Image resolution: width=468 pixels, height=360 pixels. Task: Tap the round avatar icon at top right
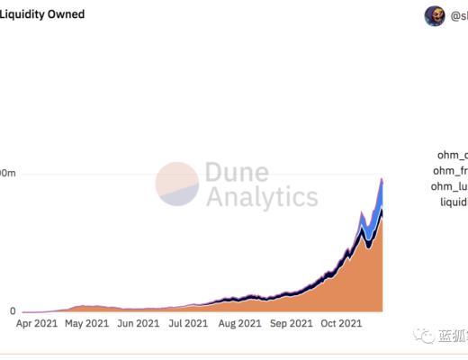[x=435, y=15]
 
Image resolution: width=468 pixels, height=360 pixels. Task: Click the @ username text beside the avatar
[x=458, y=15]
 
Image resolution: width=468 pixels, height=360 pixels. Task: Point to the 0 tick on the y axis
[x=12, y=311]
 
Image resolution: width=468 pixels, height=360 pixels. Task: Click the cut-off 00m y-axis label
[x=8, y=172]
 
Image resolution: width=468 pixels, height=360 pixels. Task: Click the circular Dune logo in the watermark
[x=176, y=183]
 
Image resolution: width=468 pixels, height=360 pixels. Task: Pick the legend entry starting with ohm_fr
[x=451, y=170]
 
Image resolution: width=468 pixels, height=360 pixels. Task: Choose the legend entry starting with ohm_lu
[x=450, y=186]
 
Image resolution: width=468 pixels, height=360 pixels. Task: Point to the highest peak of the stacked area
[x=382, y=179]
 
